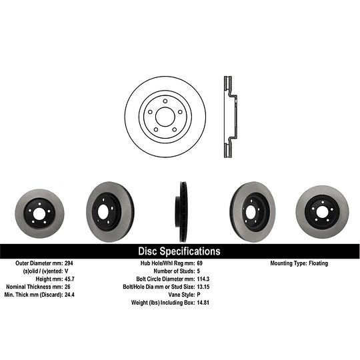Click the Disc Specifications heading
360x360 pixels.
click(179, 251)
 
